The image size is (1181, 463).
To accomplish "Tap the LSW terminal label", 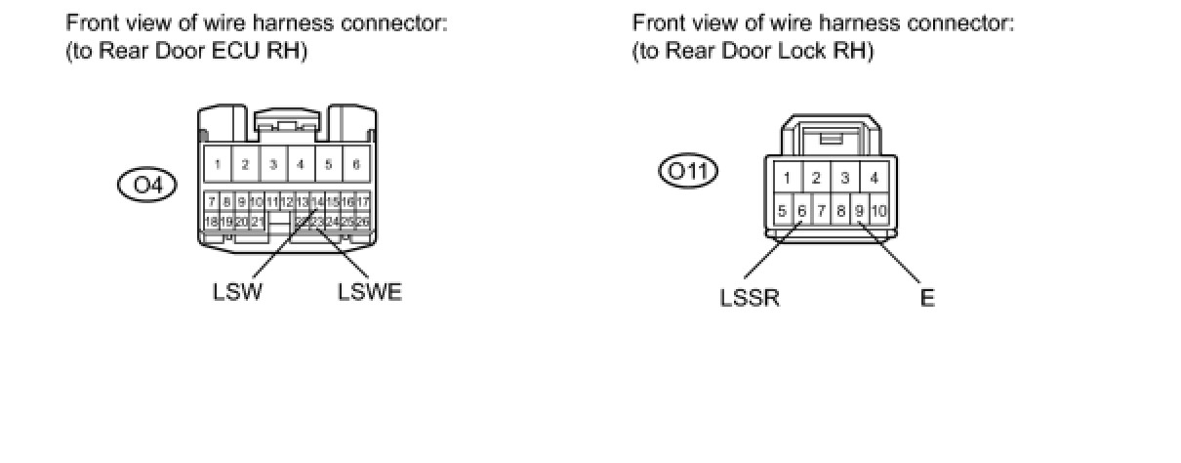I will pos(237,292).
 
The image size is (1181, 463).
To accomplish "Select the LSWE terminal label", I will pos(370,292).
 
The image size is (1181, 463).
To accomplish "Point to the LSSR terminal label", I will pos(750,298).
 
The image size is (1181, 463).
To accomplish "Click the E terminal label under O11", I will pos(927,298).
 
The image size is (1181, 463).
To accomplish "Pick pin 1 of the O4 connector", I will pos(218,164).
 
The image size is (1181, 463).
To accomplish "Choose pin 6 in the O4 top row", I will pos(356,164).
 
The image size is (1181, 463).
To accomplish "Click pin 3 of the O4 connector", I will pos(273,164).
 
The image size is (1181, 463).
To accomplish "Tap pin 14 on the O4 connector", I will pos(317,202).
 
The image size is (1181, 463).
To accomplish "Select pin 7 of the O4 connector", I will pos(211,202).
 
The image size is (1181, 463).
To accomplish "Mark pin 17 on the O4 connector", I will pos(363,202).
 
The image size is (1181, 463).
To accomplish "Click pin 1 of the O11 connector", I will pos(786,178).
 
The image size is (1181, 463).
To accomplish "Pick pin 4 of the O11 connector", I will pos(874,178).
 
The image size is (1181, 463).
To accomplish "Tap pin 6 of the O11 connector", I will pos(801,210).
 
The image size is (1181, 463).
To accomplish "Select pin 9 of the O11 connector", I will pos(859,210).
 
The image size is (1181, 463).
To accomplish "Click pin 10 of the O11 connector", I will pos(878,210).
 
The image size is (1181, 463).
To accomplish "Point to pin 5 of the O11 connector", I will pos(782,210).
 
